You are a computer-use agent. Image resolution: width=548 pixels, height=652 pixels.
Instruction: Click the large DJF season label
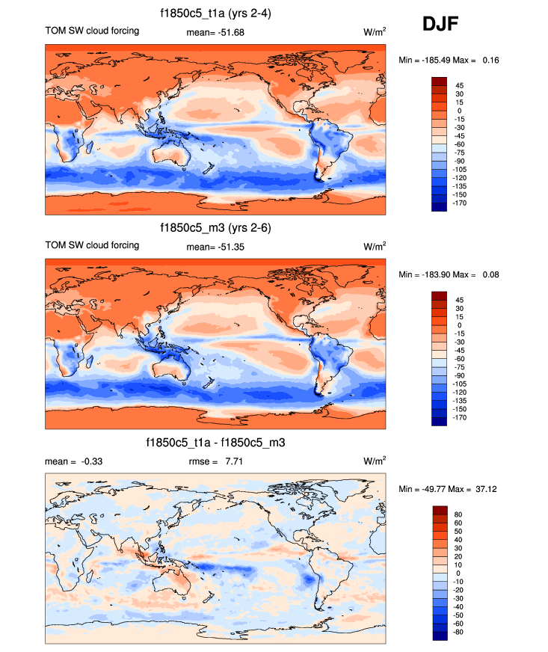pos(440,24)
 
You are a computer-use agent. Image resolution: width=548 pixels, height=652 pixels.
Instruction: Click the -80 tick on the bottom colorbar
pos(459,632)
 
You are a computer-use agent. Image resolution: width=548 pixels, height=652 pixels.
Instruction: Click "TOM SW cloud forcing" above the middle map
pos(92,245)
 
